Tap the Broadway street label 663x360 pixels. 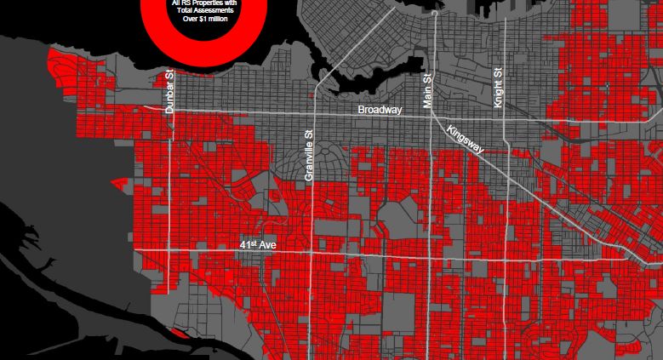click(380, 110)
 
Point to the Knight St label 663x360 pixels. click(498, 87)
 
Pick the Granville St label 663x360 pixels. click(309, 156)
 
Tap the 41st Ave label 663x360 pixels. click(260, 244)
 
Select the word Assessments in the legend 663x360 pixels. click(207, 11)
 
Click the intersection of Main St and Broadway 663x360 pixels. click(432, 117)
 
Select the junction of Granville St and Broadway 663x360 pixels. click(315, 113)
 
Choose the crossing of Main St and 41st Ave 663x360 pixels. click(432, 255)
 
